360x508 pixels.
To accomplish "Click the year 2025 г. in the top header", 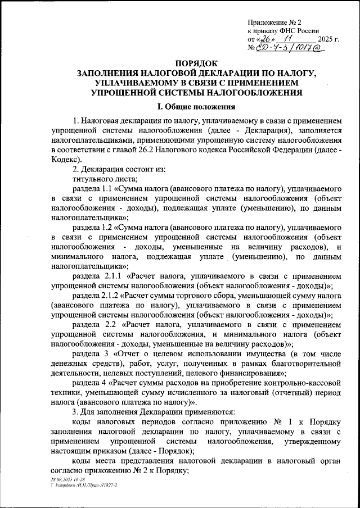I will point(328,40).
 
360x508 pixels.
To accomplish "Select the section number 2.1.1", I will point(112,276).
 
